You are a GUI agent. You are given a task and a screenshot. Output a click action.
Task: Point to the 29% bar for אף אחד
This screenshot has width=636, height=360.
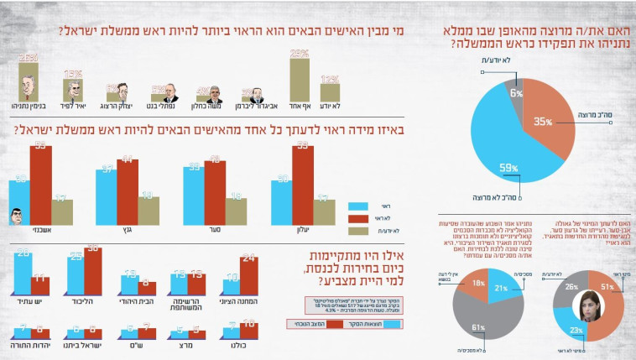pos(300,79)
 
